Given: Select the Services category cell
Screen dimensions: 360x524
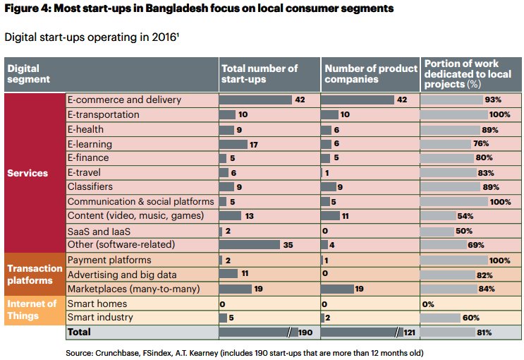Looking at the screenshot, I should point(28,173).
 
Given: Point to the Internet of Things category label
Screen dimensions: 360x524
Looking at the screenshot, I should point(32,310).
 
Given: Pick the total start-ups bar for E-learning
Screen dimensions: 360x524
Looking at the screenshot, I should point(233,144).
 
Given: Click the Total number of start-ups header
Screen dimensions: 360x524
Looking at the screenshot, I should point(260,73).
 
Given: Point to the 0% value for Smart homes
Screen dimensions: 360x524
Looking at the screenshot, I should point(428,304).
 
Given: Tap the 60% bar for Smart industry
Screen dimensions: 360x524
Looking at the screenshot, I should point(440,318).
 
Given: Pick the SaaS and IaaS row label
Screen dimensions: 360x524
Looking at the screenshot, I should point(98,231).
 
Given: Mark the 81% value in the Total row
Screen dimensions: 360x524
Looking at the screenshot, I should point(484,332).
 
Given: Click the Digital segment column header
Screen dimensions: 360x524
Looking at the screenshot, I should point(29,73).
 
